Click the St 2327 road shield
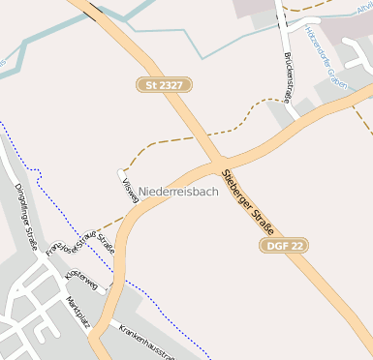(165, 86)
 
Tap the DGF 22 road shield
(284, 246)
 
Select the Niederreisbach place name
(179, 192)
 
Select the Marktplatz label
(77, 315)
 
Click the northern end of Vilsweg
(121, 173)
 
